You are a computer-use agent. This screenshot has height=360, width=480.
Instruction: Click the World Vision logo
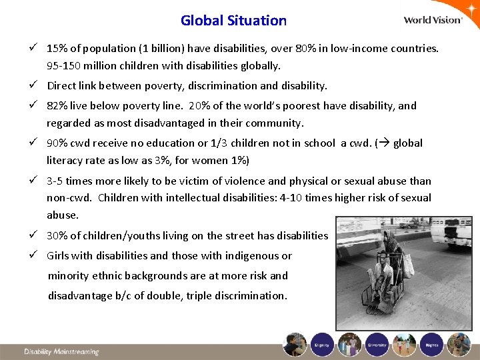[433, 19]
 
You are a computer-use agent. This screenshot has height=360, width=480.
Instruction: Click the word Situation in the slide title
[256, 20]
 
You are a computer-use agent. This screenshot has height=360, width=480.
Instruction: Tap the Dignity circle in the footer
[323, 344]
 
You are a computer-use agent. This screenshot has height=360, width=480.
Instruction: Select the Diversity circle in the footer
[377, 344]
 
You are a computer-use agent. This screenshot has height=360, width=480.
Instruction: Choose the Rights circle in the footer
[431, 344]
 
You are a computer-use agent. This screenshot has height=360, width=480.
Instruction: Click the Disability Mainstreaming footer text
[61, 351]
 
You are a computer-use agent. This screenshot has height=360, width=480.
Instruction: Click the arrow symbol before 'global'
[384, 143]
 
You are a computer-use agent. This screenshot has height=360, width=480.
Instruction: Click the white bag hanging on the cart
[407, 265]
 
